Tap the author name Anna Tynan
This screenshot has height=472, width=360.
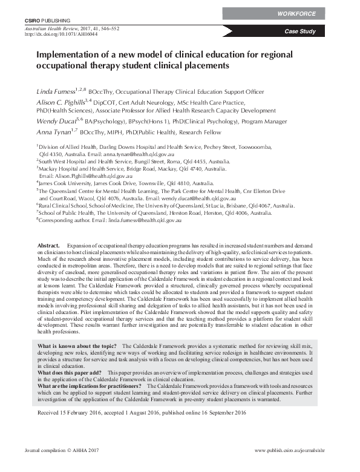click(52, 131)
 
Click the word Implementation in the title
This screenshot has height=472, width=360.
click(73, 54)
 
